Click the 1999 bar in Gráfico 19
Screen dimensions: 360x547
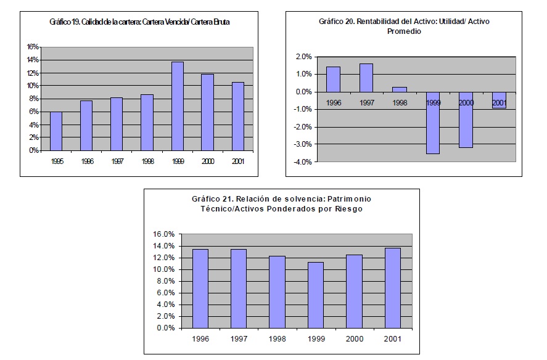(177, 106)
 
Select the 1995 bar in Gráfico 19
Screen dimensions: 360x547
(56, 131)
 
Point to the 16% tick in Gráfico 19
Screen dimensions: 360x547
(33, 47)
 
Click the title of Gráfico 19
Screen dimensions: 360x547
(144, 22)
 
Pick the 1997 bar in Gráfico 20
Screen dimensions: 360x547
(366, 78)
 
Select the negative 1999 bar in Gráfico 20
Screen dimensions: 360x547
(434, 123)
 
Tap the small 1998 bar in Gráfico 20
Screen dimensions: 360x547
(400, 89)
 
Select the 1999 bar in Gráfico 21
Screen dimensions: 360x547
(316, 295)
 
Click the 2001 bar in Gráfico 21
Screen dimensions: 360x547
(393, 288)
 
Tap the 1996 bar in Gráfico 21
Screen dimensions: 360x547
(200, 288)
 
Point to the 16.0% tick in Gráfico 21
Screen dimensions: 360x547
(164, 234)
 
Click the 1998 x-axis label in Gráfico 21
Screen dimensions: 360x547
(277, 339)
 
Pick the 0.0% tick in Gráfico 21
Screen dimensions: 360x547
(166, 328)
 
